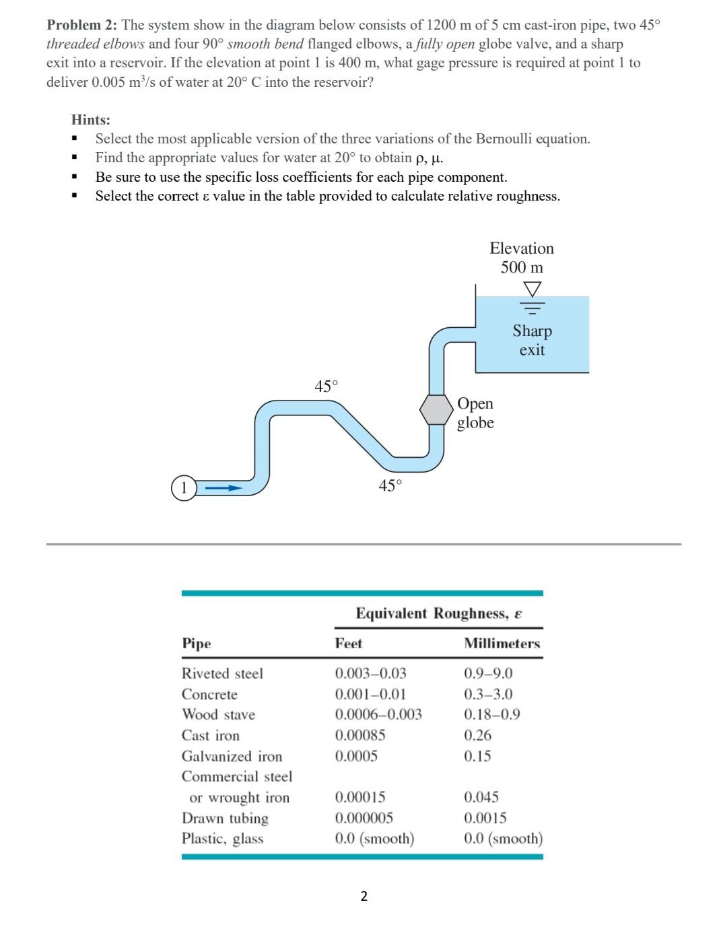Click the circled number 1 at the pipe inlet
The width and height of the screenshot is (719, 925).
coord(182,487)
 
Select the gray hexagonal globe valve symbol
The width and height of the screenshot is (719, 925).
coord(436,409)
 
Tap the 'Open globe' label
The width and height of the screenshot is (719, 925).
coord(475,413)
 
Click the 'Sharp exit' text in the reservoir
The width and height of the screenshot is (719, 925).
coord(532,340)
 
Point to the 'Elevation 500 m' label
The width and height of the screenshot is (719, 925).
coord(522,258)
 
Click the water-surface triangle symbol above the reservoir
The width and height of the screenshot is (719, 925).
coord(533,289)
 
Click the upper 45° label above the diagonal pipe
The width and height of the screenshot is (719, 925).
coord(327,386)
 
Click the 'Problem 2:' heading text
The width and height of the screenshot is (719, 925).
coord(82,26)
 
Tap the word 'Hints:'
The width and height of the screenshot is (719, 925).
coord(91,120)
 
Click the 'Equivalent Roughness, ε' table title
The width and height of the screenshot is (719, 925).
coord(439,613)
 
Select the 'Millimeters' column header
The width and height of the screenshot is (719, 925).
coord(502,644)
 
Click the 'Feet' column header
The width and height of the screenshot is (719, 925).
coord(349,644)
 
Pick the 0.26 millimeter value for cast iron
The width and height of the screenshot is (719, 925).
coord(477,735)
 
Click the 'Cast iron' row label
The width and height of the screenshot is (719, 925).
coord(211,735)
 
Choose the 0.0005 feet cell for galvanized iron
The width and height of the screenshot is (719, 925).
coord(356,756)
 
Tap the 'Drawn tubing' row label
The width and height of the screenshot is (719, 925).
coord(225,818)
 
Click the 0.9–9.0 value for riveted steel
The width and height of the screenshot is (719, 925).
coord(488,673)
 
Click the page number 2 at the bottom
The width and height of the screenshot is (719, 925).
coord(364,895)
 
